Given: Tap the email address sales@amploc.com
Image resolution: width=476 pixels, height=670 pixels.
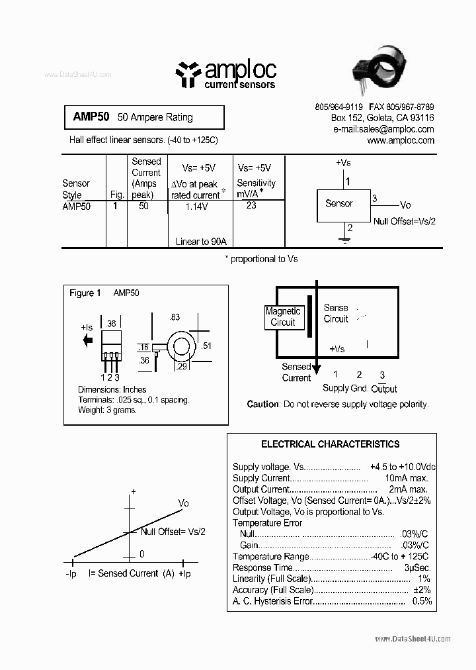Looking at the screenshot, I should pos(383,129).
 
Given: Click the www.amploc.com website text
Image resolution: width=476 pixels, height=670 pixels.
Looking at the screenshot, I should pos(401,140).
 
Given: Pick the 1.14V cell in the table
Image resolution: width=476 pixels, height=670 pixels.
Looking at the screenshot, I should pos(196,207).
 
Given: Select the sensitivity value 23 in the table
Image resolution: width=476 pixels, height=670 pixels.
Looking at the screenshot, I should pos(251,205).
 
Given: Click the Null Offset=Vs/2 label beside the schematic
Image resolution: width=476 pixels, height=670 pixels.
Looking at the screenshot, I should pos(405,222).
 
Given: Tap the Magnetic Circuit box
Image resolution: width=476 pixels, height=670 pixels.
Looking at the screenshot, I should pos(283,316).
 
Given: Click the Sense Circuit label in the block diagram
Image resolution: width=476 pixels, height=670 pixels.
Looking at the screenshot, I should pos(336,313).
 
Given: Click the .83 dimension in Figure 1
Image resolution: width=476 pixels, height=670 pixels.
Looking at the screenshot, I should pos(175,318).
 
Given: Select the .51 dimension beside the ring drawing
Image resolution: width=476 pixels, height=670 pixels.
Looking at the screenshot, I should pos(206,346).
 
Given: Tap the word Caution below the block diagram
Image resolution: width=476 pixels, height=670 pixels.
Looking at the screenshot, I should pos(262,404).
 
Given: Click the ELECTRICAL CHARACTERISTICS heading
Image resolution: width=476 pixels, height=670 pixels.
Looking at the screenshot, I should pos(331,444).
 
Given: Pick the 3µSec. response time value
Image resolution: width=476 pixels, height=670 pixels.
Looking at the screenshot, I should pos(417,567).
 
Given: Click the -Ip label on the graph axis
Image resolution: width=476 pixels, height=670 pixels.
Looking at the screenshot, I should pos(71,573).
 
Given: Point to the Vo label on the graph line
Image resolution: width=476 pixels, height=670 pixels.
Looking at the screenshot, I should pos(184,503).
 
